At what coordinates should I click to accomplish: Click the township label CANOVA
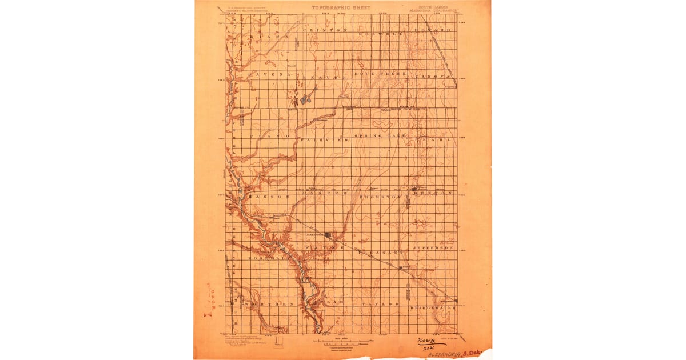pyautogui.click(x=433, y=75)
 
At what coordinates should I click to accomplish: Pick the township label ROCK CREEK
pyautogui.click(x=380, y=74)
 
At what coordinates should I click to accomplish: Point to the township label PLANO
pyautogui.click(x=269, y=137)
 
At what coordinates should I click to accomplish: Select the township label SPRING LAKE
pyautogui.click(x=380, y=136)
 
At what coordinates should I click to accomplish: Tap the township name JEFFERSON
pyautogui.click(x=433, y=248)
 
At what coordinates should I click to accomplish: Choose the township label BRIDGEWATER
pyautogui.click(x=433, y=308)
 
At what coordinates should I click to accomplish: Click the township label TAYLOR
pyautogui.click(x=379, y=304)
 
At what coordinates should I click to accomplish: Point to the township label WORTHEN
pyautogui.click(x=269, y=305)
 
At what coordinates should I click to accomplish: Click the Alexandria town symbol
pyautogui.click(x=328, y=234)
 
